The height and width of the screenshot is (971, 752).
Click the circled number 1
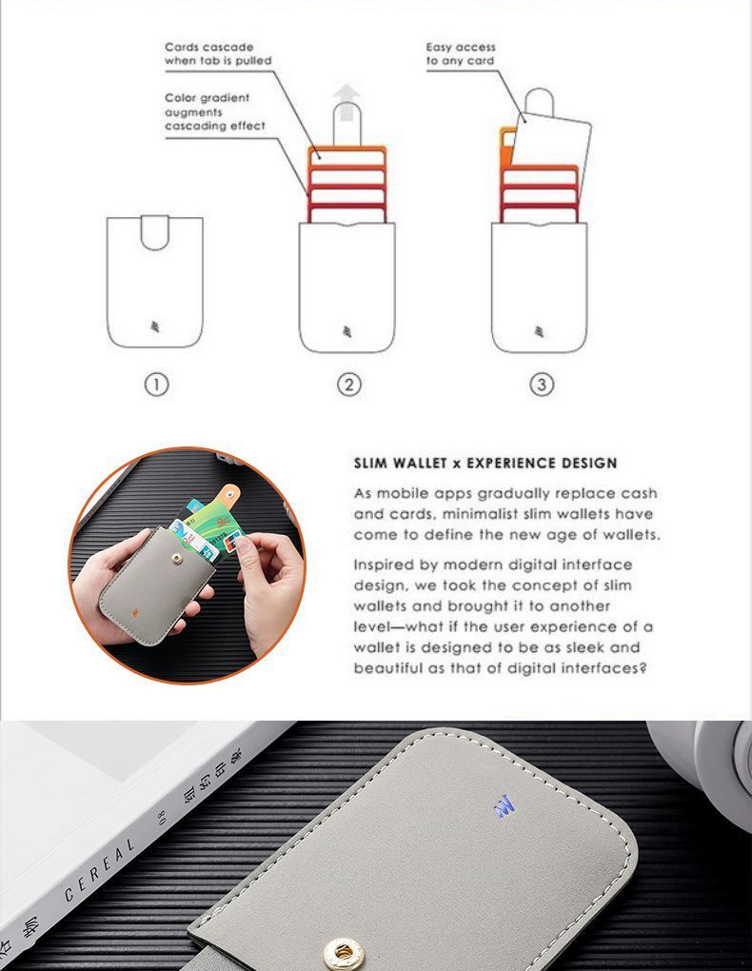(x=156, y=385)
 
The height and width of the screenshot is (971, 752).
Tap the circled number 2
(x=348, y=385)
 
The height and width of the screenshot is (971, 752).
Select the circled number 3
(x=542, y=385)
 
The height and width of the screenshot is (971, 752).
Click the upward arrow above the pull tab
(x=348, y=95)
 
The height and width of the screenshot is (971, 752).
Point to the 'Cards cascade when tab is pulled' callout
(x=218, y=53)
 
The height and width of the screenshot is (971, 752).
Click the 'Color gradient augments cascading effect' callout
(x=215, y=111)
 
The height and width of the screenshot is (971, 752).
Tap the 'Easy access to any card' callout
(x=461, y=53)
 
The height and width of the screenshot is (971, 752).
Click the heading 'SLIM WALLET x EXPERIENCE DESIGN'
(x=485, y=464)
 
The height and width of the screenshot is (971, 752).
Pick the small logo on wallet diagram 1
(x=155, y=329)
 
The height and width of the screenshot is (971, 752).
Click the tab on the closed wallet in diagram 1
(x=155, y=231)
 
